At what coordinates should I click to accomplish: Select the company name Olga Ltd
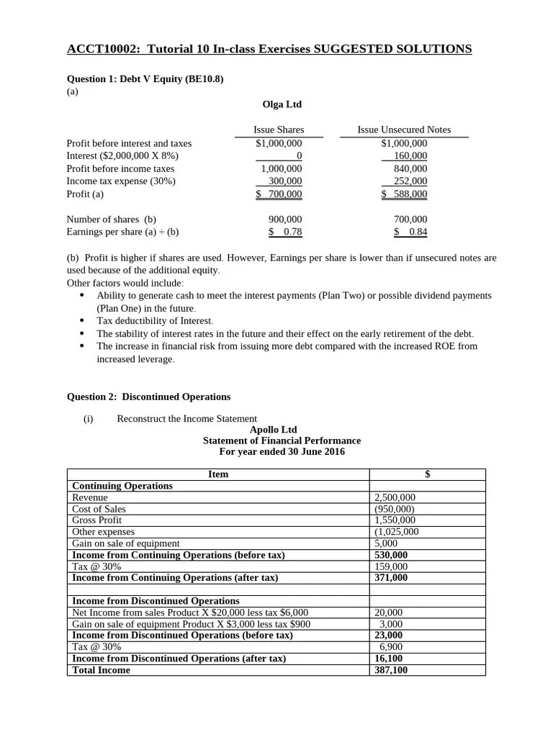pyautogui.click(x=282, y=104)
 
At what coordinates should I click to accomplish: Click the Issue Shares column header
pyautogui.click(x=279, y=130)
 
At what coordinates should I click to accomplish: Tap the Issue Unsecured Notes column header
pyautogui.click(x=404, y=130)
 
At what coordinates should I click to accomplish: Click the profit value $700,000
pyautogui.click(x=279, y=194)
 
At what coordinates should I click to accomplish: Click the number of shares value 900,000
pyautogui.click(x=284, y=220)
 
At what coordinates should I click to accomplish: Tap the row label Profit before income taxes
pyautogui.click(x=120, y=168)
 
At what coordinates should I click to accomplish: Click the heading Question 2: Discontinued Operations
pyautogui.click(x=148, y=397)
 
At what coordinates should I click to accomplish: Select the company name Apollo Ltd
pyautogui.click(x=273, y=430)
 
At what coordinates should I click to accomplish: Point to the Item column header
pyautogui.click(x=218, y=474)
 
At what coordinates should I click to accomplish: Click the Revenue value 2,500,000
pyautogui.click(x=395, y=497)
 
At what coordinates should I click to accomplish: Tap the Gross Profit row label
pyautogui.click(x=97, y=520)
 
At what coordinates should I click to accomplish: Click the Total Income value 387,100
pyautogui.click(x=391, y=670)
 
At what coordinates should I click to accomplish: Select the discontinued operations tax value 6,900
pyautogui.click(x=391, y=647)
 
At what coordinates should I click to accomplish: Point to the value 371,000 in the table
pyautogui.click(x=391, y=578)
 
